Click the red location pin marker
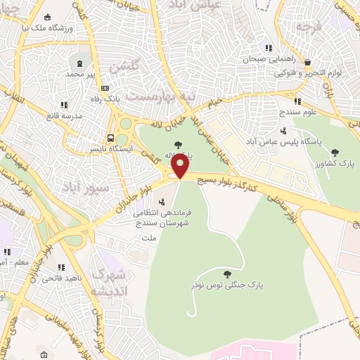click(180, 166)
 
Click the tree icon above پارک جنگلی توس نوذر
click(226, 274)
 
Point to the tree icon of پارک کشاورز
click(335, 152)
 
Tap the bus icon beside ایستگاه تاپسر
click(111, 138)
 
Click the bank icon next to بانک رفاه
click(105, 88)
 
